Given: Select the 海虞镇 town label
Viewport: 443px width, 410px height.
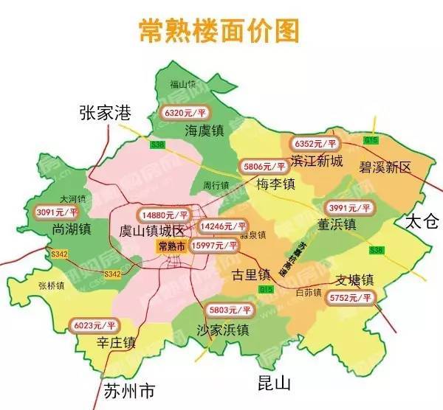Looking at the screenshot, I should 205,131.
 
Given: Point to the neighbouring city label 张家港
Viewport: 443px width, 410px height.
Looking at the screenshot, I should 105,112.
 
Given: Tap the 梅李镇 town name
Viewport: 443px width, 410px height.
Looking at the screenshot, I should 276,182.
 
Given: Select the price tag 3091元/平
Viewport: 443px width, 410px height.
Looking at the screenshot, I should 60,213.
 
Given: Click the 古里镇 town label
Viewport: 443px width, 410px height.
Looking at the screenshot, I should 250,274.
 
